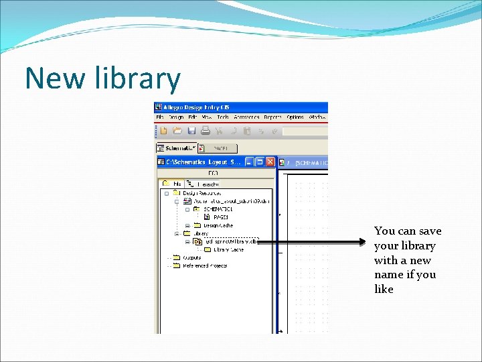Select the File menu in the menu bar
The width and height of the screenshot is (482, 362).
click(160, 117)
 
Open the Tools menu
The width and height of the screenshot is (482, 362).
click(222, 117)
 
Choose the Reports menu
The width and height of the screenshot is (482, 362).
click(272, 117)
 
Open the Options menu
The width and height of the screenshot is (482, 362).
click(295, 117)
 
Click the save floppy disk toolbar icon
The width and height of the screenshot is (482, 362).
click(191, 131)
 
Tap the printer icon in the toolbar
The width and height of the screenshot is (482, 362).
click(206, 131)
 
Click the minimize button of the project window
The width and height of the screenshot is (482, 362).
click(249, 162)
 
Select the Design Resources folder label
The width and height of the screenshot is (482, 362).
click(201, 192)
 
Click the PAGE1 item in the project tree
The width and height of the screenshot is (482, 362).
click(221, 217)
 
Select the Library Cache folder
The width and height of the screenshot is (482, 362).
click(228, 249)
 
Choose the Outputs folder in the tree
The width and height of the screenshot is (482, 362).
click(191, 257)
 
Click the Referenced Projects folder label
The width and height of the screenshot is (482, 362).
click(205, 265)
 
